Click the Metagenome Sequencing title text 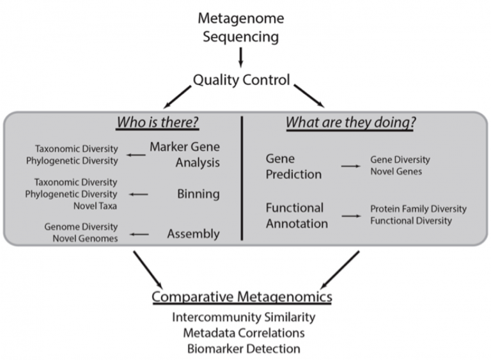pos(241,27)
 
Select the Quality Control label pos(241,81)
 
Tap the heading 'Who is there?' pos(157,122)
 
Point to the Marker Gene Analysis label pos(185,154)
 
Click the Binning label pos(198,194)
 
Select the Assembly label pos(193,234)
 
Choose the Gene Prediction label pos(295,165)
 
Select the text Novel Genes pos(396,171)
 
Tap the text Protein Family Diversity pos(418,209)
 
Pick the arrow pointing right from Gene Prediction pos(349,166)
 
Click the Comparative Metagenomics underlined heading pos(242,297)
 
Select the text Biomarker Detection pos(243,348)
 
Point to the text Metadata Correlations pos(243,333)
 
